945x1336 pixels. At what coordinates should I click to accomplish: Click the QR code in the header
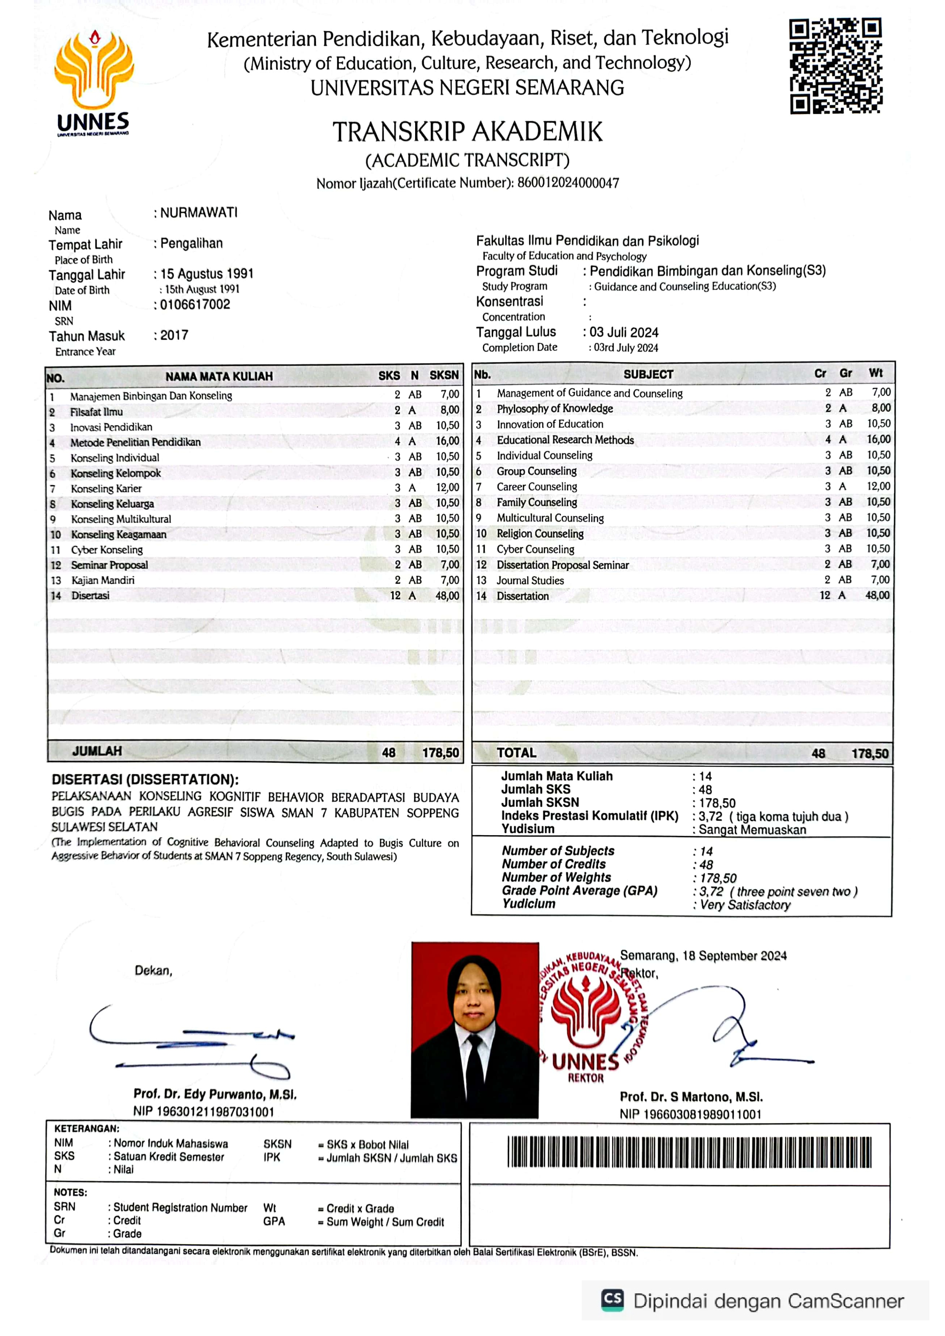pos(836,66)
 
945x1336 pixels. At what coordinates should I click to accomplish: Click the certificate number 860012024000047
pos(568,183)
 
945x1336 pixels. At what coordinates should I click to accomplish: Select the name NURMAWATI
pos(199,213)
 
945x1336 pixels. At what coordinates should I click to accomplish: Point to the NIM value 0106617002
pos(195,304)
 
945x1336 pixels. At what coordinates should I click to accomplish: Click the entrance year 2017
pos(174,335)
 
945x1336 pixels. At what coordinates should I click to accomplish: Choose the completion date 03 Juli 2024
pos(624,332)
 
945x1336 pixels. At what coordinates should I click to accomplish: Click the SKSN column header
pos(444,375)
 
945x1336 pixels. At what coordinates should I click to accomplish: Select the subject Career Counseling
pos(536,486)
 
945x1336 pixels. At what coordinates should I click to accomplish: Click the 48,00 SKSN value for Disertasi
pos(447,595)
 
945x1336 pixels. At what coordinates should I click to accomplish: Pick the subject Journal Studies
pos(530,580)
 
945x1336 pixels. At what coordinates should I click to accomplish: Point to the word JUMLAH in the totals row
pos(97,751)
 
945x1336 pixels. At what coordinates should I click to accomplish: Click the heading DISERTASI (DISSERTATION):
pos(145,780)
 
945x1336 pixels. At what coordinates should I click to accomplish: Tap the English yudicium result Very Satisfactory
pos(745,905)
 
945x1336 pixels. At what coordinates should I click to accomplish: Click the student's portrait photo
pos(475,1030)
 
